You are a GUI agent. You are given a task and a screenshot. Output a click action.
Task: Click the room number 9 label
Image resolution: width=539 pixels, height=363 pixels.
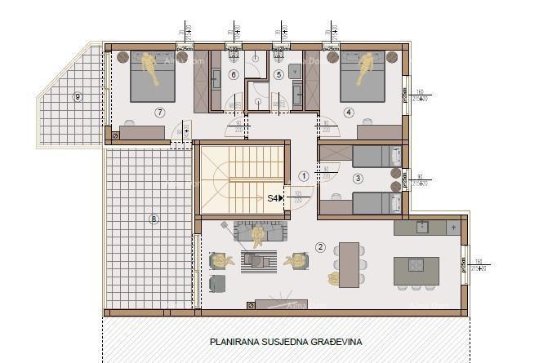click(x=78, y=97)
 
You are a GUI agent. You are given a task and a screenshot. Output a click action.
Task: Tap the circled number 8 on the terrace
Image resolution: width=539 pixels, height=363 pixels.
click(x=153, y=219)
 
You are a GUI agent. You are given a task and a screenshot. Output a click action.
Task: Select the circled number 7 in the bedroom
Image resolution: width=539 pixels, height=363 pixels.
click(x=158, y=112)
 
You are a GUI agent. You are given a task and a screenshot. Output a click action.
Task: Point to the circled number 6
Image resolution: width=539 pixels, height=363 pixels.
click(x=233, y=75)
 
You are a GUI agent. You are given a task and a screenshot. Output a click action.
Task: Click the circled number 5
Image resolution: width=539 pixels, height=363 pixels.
click(x=278, y=75)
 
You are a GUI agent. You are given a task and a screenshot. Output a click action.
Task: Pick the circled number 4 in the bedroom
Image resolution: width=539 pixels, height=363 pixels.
click(x=349, y=112)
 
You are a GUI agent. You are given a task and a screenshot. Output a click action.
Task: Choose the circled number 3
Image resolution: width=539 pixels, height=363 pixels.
click(x=358, y=178)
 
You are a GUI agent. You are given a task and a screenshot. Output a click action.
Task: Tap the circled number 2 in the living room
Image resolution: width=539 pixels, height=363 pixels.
click(x=320, y=247)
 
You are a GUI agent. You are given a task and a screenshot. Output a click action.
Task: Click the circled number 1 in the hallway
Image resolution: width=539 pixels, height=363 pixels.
click(x=304, y=175)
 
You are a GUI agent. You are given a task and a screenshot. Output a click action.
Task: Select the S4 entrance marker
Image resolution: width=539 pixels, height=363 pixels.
click(x=274, y=197)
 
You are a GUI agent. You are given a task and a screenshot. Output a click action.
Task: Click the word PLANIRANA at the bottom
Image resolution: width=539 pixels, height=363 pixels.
click(x=235, y=342)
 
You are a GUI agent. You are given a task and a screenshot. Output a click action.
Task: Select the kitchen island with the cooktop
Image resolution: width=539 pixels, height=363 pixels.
click(x=416, y=270)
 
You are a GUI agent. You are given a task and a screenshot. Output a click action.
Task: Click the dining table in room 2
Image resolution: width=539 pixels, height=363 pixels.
click(x=350, y=265)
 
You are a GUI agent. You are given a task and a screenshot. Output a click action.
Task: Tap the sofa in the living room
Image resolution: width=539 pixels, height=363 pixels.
click(x=259, y=232)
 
